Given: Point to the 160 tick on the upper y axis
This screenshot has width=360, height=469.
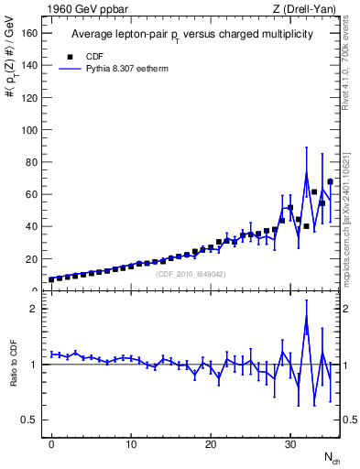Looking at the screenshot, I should click(30, 33).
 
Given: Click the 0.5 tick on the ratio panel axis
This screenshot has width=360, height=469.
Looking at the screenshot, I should click(32, 420).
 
